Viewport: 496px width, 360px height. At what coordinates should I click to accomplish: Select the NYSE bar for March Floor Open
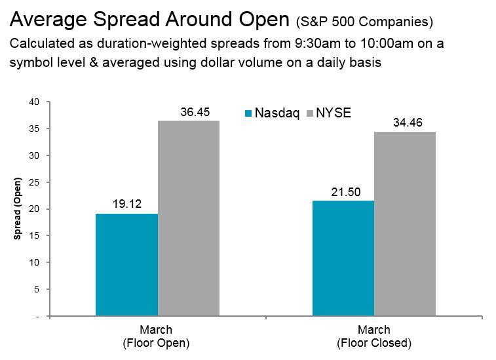[x=189, y=218]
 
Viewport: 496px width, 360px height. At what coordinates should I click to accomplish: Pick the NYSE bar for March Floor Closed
[x=404, y=224]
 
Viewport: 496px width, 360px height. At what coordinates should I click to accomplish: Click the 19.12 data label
[x=126, y=205]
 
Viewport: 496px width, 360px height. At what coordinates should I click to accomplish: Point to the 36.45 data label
[x=195, y=112]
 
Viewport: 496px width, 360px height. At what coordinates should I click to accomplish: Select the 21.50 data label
[x=343, y=191]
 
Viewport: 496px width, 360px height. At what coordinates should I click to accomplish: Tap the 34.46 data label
[x=404, y=123]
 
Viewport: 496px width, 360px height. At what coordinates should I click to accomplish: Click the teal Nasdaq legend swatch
[x=248, y=113]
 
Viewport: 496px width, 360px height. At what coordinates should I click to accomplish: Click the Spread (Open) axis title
[x=18, y=209]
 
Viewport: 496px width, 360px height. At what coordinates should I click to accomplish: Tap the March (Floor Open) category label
[x=156, y=336]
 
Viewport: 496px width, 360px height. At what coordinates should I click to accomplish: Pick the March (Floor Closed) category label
[x=373, y=336]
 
